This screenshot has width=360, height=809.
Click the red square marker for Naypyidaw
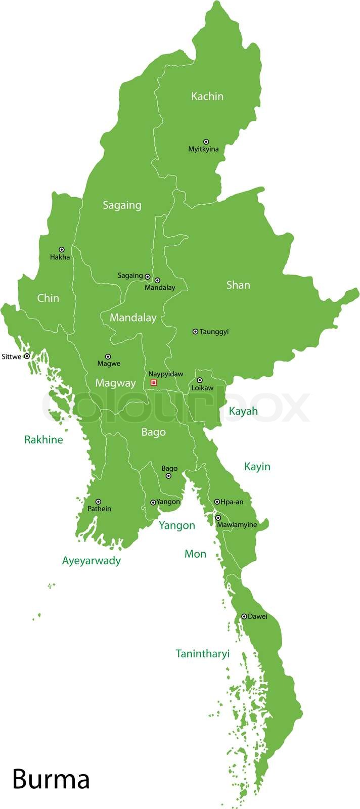154,383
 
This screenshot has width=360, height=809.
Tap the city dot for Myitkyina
206,142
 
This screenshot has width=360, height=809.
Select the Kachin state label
207,96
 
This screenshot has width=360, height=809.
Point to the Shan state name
238,285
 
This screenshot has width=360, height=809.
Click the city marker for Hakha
62,249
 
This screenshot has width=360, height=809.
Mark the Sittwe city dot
27,356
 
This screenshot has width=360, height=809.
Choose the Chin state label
48,298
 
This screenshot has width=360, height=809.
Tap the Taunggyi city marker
195,331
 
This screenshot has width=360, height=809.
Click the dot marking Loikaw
199,380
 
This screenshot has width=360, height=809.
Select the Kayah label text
243,411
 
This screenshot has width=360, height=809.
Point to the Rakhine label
43,439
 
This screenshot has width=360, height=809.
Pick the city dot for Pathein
98,502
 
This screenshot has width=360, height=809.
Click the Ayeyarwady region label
92,560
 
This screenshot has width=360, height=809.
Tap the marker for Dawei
244,616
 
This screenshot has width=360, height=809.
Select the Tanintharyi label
202,653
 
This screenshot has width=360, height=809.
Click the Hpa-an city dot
217,502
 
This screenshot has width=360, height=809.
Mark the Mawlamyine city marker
218,518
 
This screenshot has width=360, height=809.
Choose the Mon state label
195,554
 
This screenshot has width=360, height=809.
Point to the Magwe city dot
108,356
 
